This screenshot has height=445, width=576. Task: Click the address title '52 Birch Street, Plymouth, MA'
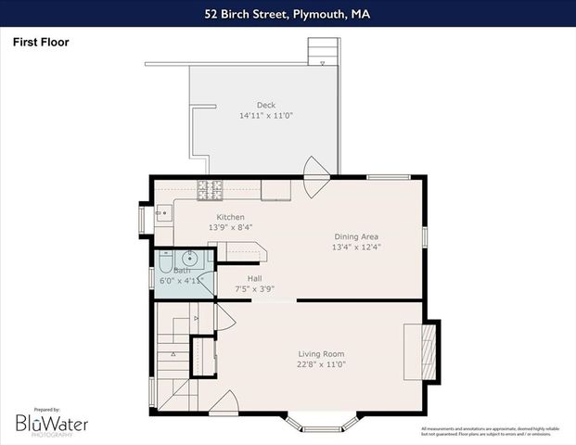point(288,14)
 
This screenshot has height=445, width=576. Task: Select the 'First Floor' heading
point(41,42)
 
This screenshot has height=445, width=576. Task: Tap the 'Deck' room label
point(266,105)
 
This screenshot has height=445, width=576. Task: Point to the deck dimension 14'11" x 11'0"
point(266,116)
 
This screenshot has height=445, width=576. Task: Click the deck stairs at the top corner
point(321,52)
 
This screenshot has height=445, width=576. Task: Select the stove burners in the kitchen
point(211,190)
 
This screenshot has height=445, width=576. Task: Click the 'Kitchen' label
point(205,217)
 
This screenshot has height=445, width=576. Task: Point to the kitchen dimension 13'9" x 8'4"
point(205,227)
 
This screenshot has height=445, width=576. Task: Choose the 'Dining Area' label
point(356,237)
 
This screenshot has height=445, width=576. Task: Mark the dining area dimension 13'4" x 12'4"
point(356,248)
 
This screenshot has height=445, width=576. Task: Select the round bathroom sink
point(190,259)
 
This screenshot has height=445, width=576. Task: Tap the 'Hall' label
point(254,278)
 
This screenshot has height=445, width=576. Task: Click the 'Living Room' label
point(321,354)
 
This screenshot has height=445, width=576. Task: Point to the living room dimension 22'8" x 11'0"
point(321,364)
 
